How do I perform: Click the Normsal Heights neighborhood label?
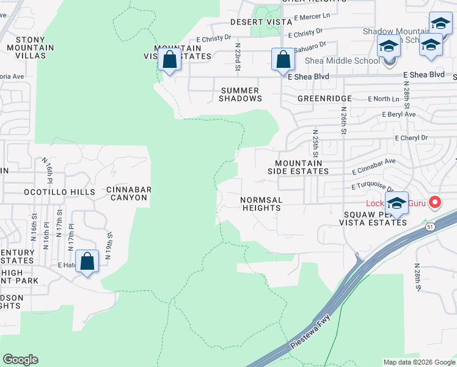coord(261,204)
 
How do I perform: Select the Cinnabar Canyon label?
coord(127,193)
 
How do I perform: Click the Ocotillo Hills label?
coord(59,192)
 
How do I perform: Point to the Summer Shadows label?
coord(240,94)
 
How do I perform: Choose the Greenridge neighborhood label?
coord(324,98)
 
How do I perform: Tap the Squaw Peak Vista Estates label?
coord(375,218)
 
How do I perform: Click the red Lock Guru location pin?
coord(435,201)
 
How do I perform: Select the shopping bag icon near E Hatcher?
coord(87,262)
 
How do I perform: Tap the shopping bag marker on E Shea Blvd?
coord(282,60)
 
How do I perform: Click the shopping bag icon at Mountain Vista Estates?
coord(169,60)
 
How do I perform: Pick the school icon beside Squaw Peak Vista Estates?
coord(397,204)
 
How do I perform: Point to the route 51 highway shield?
coord(430,227)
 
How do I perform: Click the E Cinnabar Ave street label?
coord(373,161)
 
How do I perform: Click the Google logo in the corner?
coord(20,360)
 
